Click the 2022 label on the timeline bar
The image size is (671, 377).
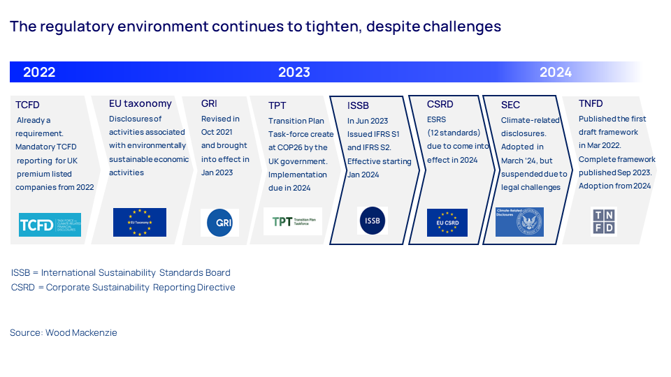[x=39, y=73]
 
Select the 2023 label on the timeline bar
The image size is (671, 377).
[x=294, y=73]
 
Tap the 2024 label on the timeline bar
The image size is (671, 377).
[x=556, y=73]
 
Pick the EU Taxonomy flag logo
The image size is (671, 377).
[x=140, y=222]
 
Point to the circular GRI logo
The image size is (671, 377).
[x=219, y=223]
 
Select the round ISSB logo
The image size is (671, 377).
[x=372, y=221]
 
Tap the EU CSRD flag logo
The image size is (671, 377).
[x=447, y=222]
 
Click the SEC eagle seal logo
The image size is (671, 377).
[x=528, y=221]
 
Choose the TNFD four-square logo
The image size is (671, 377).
[x=603, y=221]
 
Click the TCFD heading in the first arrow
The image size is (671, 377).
[x=28, y=105]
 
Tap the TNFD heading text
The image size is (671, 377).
[x=591, y=103]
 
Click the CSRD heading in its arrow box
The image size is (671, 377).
[x=440, y=104]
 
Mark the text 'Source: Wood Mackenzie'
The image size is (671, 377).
[x=64, y=333]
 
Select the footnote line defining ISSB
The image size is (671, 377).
[x=121, y=273]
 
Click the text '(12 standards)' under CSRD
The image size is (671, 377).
[x=454, y=133]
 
